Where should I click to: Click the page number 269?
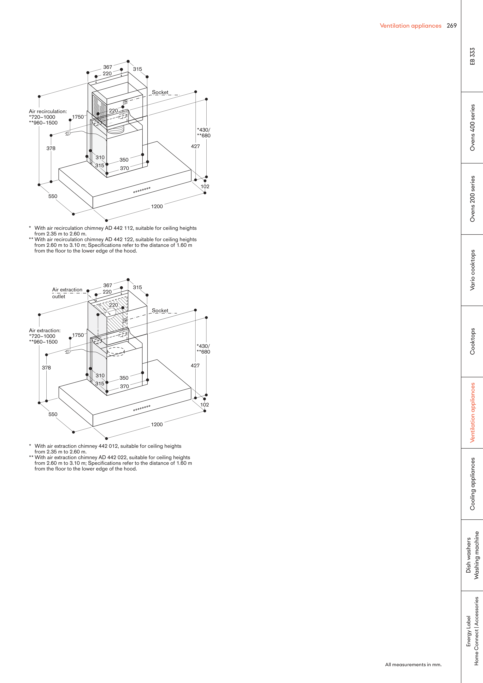point(451,26)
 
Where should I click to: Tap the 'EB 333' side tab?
point(472,56)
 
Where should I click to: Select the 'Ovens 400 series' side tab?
point(472,127)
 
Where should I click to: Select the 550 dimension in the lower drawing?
point(53,414)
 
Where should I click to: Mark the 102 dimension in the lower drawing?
point(204,405)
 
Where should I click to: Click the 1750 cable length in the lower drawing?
point(78,335)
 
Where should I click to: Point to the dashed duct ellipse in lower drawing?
point(115,352)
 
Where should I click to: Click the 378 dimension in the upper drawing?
point(51,148)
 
